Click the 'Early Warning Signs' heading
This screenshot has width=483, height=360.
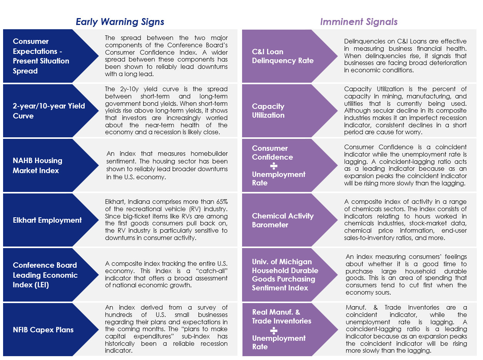pos(120,22)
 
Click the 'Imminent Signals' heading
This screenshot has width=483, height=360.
pos(359,22)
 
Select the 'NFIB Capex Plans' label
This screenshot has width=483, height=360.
pos(43,330)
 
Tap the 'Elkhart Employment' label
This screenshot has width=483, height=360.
pos(47,220)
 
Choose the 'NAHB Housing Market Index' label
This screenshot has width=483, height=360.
pos(37,165)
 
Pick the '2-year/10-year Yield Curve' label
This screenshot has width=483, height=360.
pos(48,111)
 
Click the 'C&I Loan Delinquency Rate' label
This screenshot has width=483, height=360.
pos(283,56)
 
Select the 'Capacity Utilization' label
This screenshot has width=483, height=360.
pos(268,111)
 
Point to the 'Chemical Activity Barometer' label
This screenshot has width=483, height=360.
pos(283,220)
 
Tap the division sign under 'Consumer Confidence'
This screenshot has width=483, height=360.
pos(274,166)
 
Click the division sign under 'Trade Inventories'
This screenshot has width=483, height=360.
pos(274,330)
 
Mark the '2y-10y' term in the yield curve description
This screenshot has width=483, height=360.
pos(129,89)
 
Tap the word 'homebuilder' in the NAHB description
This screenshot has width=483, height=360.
pos(209,153)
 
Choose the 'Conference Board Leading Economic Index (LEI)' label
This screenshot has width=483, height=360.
pos(45,275)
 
